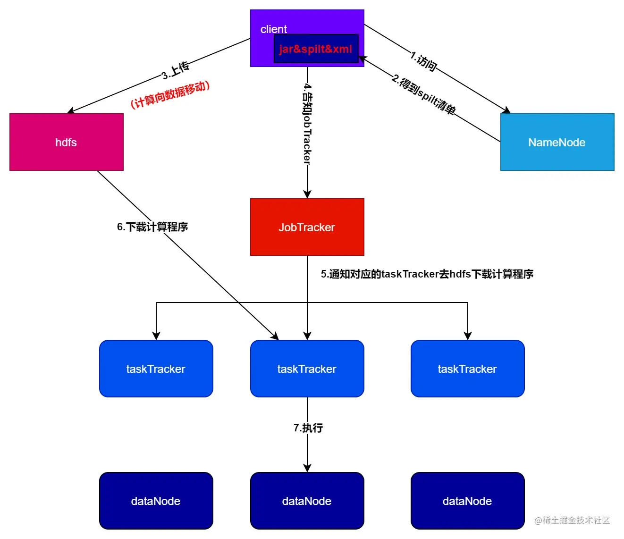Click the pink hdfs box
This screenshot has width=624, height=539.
[66, 142]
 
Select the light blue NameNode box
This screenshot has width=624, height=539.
[557, 142]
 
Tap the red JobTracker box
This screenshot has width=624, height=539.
[307, 227]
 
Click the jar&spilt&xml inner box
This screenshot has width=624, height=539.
[316, 49]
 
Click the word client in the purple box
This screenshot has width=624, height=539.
[274, 29]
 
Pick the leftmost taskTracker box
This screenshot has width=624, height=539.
[156, 369]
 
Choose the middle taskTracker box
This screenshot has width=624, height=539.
[307, 369]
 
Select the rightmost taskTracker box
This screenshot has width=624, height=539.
[467, 369]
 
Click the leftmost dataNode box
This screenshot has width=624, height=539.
[156, 501]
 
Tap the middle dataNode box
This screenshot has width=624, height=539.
[307, 501]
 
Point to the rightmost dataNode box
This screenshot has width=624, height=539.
[467, 501]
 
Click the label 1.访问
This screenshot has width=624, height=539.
[423, 62]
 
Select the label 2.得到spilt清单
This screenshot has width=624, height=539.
[423, 95]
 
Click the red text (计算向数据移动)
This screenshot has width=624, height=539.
[170, 94]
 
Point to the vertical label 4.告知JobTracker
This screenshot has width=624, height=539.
[307, 124]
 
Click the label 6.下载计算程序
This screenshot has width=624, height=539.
[152, 227]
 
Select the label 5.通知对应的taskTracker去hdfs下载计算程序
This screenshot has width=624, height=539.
[427, 274]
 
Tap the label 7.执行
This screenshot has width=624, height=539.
[308, 428]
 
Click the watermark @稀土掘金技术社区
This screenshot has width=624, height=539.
[572, 520]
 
